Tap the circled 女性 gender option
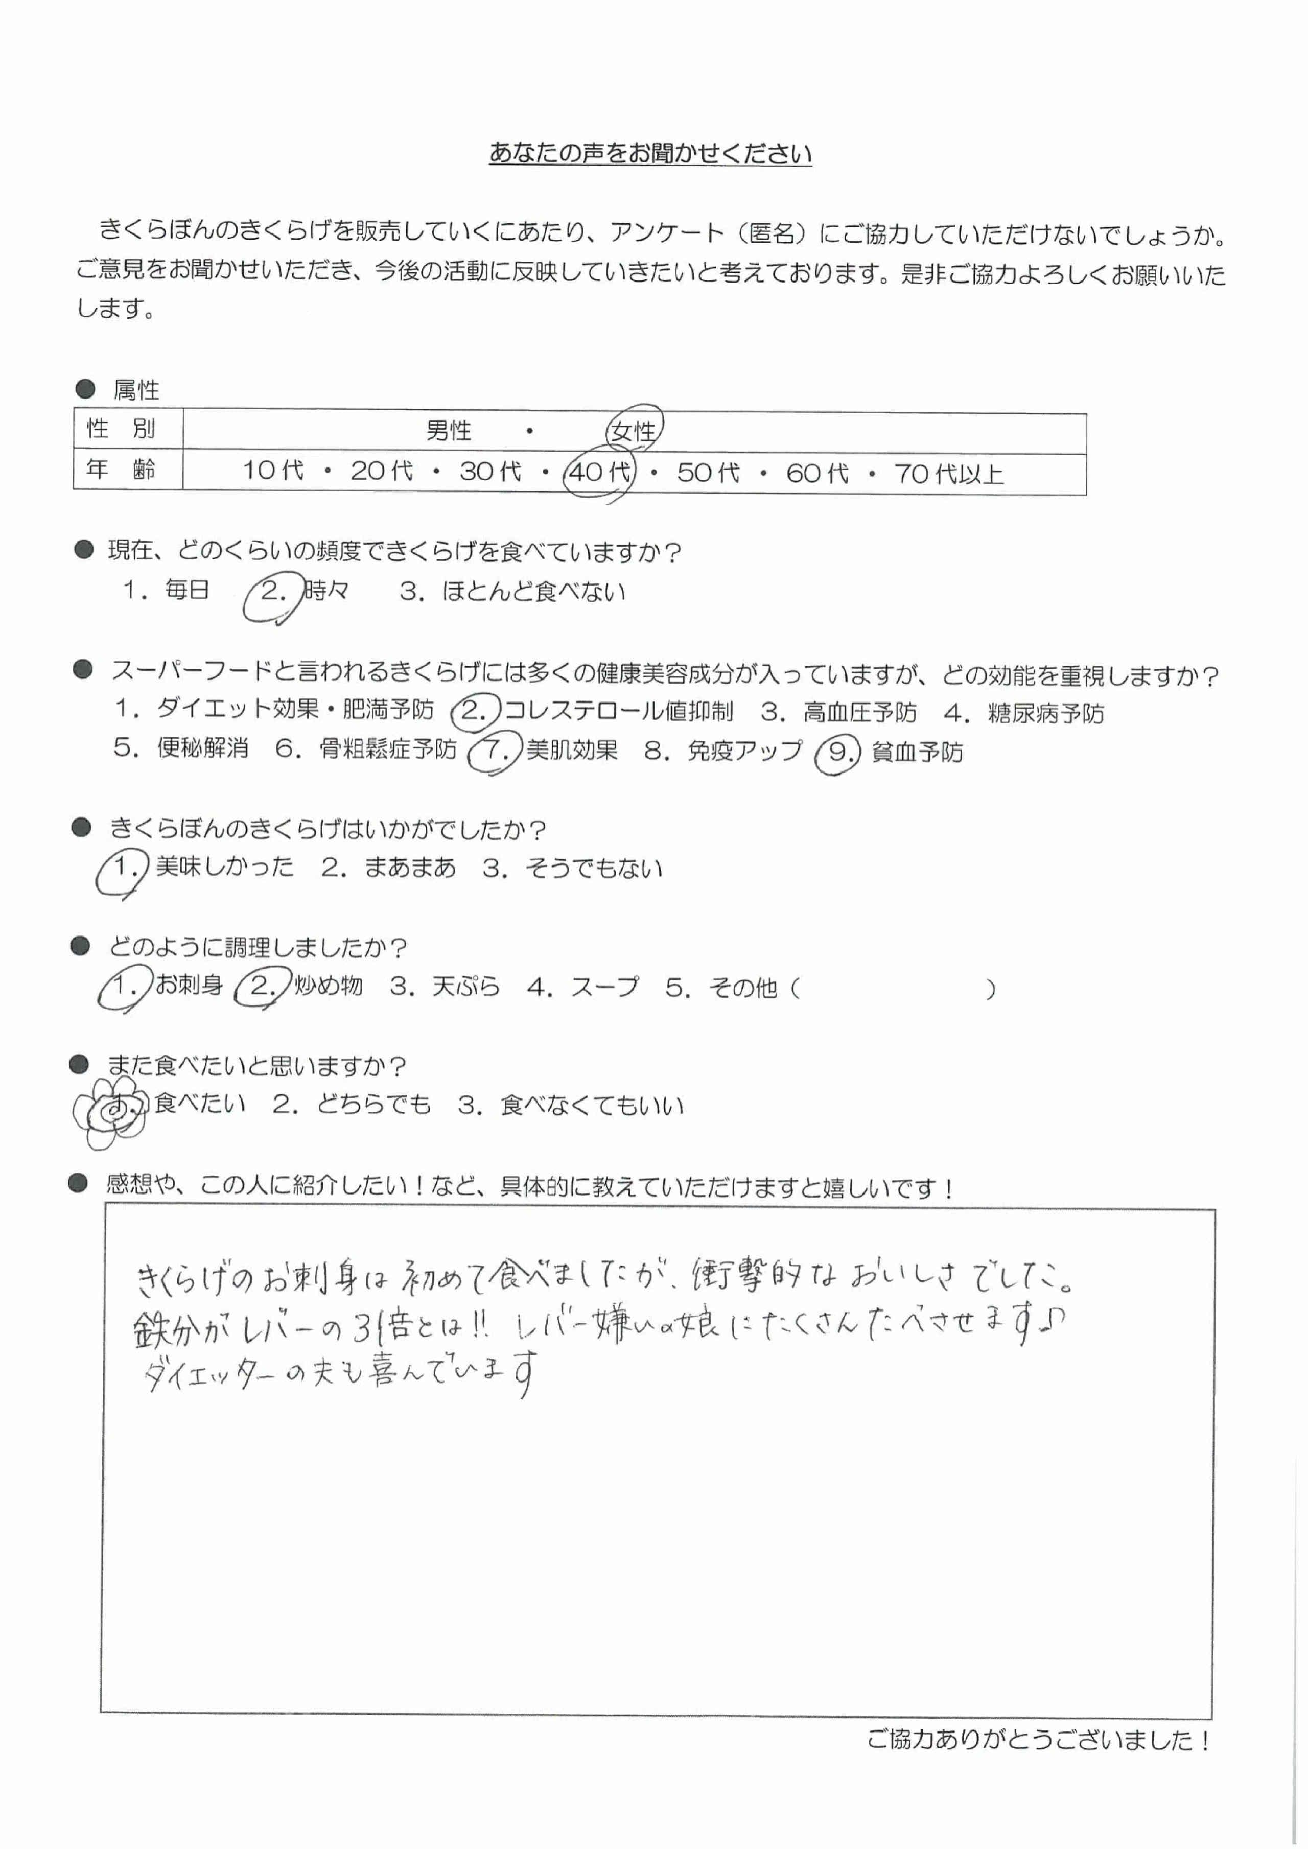tap(634, 431)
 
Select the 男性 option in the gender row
tap(449, 431)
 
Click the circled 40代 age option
tap(599, 471)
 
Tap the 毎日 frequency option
tap(187, 590)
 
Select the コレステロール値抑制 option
tap(618, 710)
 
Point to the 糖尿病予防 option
tap(1045, 713)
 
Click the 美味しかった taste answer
tap(224, 867)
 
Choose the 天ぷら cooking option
tap(465, 987)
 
